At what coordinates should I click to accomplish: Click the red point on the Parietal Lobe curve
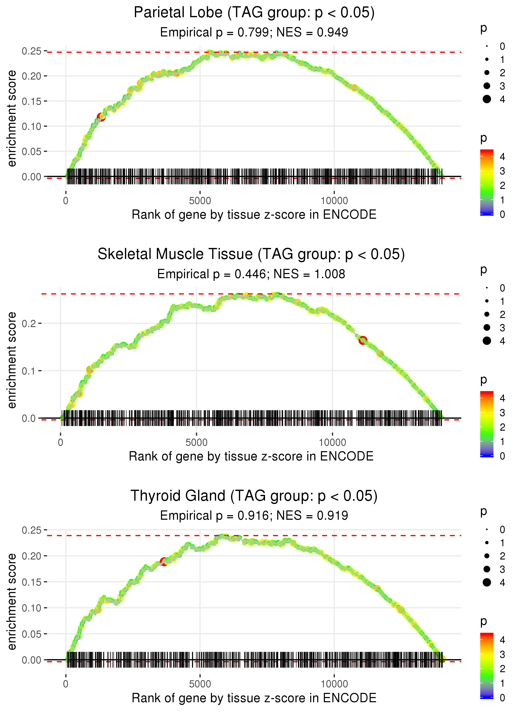[x=101, y=117]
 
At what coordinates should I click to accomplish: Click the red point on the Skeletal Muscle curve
[x=363, y=341]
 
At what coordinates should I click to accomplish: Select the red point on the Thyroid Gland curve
[x=164, y=561]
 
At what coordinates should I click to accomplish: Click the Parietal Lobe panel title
[x=254, y=13]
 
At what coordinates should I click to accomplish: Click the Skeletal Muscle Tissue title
[x=251, y=254]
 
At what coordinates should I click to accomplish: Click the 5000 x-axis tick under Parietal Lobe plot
[x=200, y=201]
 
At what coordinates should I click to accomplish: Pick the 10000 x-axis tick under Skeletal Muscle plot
[x=332, y=442]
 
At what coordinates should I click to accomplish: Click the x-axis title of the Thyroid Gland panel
[x=254, y=698]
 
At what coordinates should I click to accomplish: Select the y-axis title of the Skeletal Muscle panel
[x=12, y=360]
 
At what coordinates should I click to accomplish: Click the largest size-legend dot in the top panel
[x=487, y=99]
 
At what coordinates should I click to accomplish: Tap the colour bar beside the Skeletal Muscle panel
[x=487, y=424]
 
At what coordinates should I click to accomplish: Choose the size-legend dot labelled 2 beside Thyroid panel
[x=487, y=556]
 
